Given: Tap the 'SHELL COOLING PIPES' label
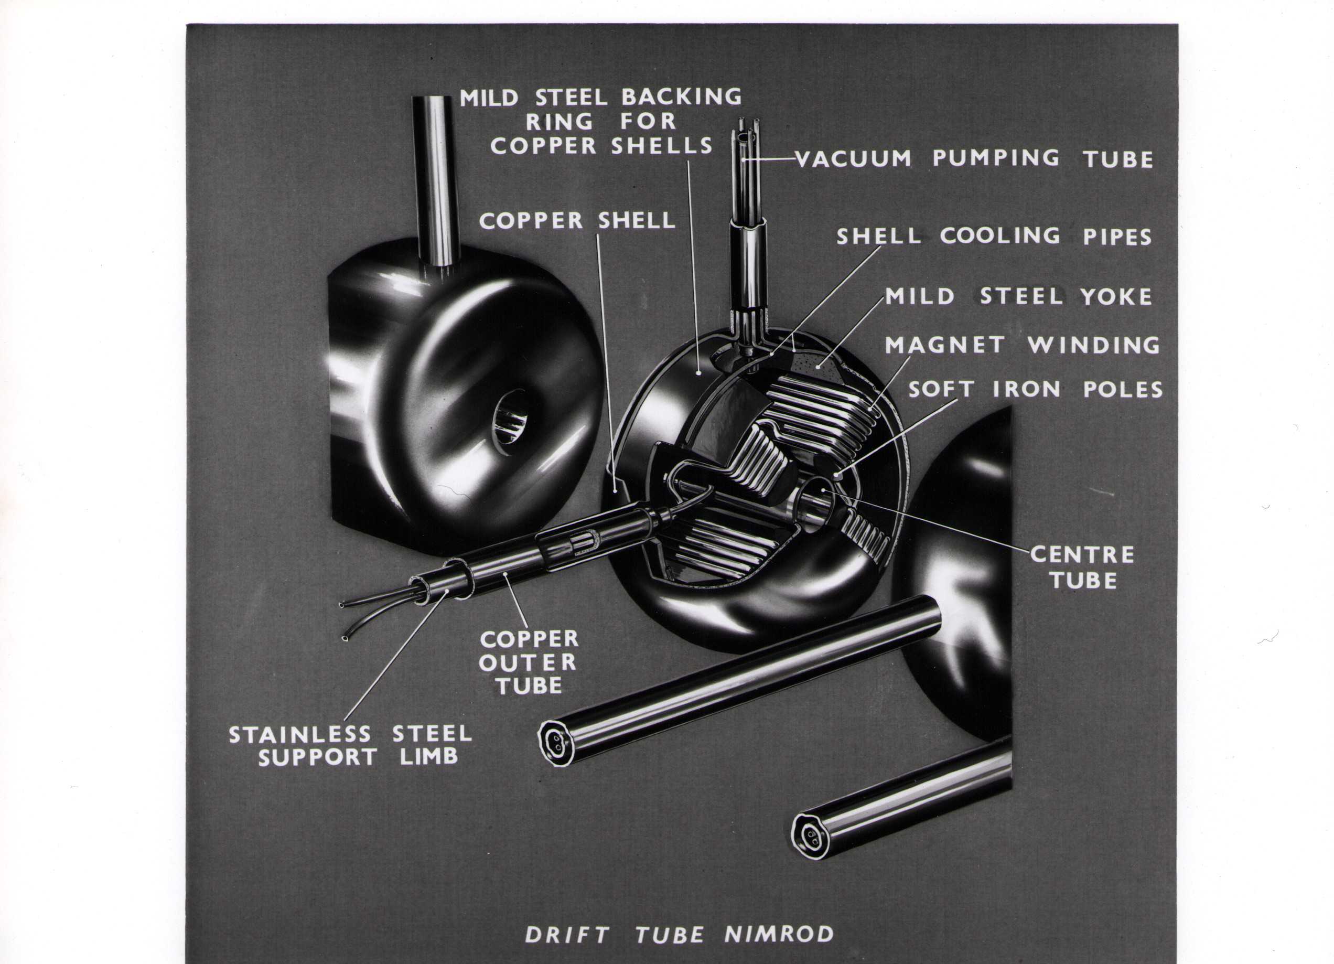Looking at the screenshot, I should point(994,237).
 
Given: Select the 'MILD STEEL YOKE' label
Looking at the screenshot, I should point(1019,296).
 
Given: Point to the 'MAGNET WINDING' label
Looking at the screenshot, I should point(1023,345).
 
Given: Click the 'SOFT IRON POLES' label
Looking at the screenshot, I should point(1036,389).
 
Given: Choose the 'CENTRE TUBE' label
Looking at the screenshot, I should point(1083,567).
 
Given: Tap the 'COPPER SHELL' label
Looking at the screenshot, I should point(577,221).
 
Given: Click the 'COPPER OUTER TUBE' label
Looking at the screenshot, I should point(528,662).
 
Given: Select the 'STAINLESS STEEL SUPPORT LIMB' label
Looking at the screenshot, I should point(351,745).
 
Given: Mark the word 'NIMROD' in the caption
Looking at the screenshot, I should point(779,935).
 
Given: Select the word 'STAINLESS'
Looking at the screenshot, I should point(300,734).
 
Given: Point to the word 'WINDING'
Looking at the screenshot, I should point(1094,345).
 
